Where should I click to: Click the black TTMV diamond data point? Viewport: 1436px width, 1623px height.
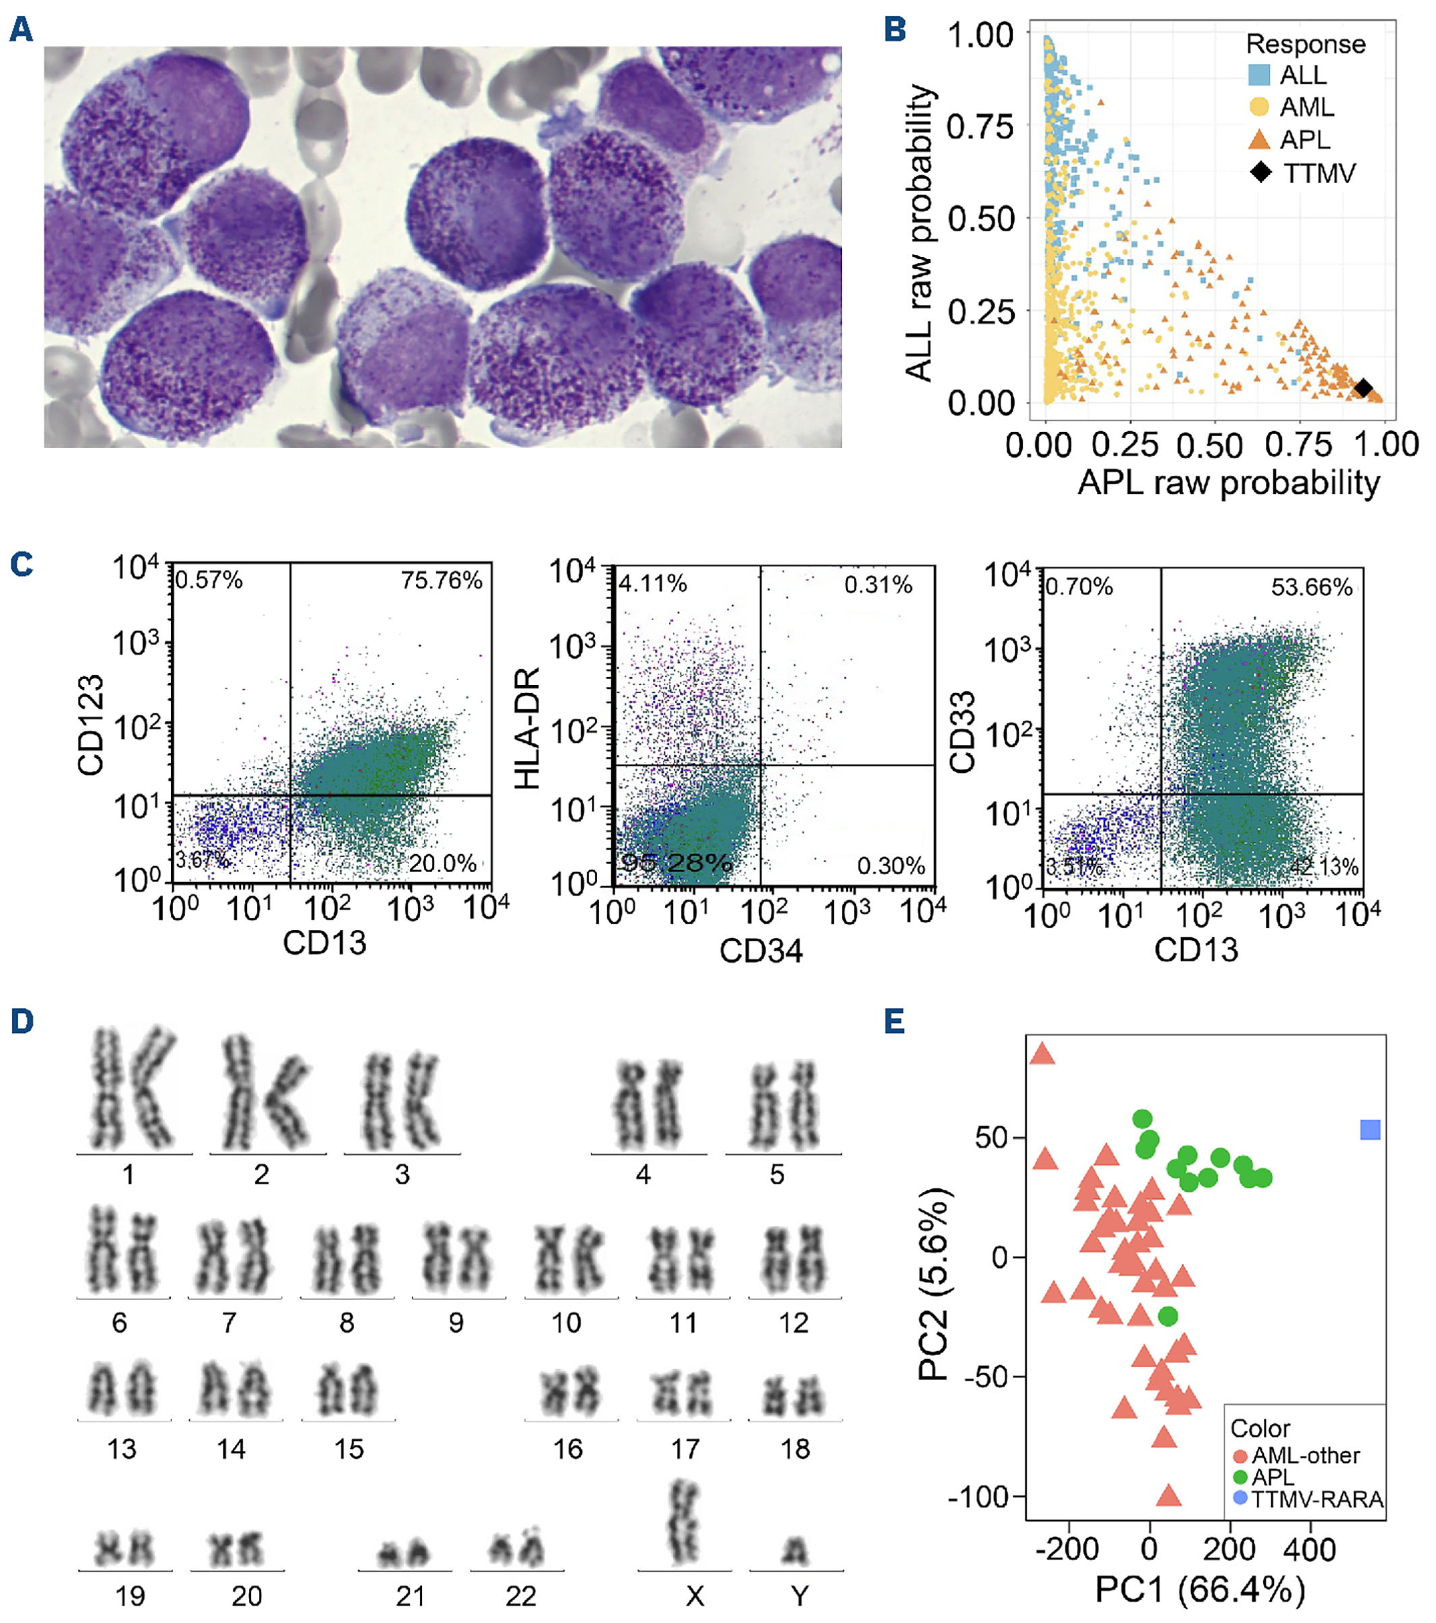pos(1363,388)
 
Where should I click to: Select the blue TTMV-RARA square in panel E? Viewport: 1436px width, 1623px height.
pos(1370,1130)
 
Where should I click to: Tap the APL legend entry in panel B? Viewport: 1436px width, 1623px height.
pos(1304,140)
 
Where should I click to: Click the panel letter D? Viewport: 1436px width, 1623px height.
pos(22,1021)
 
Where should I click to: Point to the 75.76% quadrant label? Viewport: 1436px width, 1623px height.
pos(441,580)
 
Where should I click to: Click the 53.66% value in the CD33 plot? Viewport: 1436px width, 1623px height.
pos(1311,587)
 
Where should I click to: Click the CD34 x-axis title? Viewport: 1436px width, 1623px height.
pos(761,950)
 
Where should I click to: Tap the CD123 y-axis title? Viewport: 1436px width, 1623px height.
pos(91,724)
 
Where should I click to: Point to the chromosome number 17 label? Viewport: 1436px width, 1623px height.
pos(685,1449)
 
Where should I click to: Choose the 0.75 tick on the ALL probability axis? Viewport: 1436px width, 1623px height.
pos(981,126)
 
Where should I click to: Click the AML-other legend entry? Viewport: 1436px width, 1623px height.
pos(1304,1456)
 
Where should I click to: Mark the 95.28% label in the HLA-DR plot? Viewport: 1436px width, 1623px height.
pos(676,862)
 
